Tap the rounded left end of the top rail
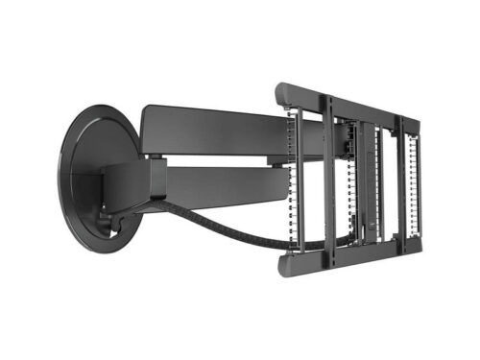(282, 93)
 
